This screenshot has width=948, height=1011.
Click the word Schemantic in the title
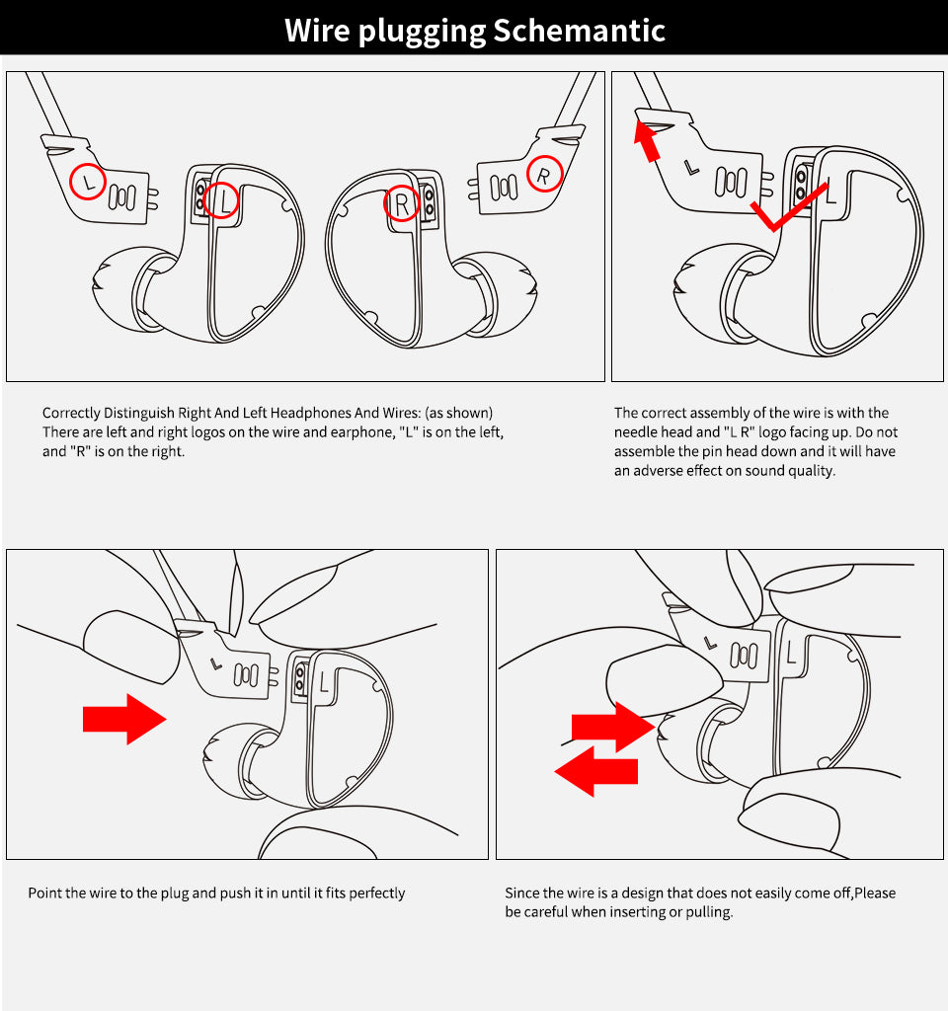coord(579,31)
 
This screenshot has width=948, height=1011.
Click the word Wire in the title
coord(317,31)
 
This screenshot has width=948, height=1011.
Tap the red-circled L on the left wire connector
coord(88,182)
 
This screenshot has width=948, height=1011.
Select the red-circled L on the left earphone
coord(221,200)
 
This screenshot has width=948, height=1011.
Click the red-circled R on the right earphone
coord(402,204)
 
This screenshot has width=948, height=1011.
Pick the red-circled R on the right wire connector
coord(545,174)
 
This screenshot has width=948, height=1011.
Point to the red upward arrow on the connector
coord(647,141)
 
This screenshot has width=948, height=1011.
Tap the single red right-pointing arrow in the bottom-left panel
coord(124,719)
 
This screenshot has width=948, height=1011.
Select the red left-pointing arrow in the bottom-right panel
coord(595,771)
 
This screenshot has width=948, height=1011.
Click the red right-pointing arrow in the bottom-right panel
coord(613,728)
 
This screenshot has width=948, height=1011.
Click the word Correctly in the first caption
coord(71,414)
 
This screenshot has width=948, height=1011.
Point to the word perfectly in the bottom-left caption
coord(377,894)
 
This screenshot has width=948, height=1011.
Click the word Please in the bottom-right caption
coord(875,893)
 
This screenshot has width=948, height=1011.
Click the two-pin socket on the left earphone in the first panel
coord(200,196)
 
